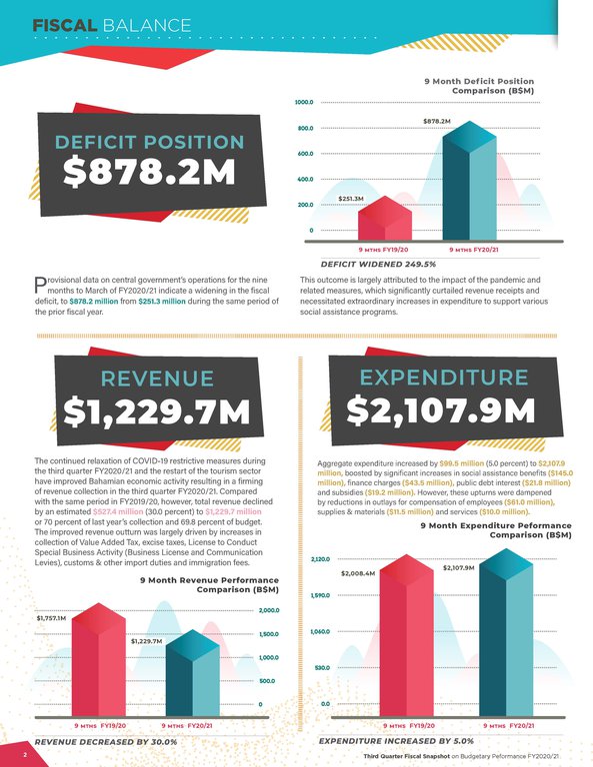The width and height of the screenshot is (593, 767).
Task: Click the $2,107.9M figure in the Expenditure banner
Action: pyautogui.click(x=443, y=410)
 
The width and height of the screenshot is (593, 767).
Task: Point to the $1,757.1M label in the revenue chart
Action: pyautogui.click(x=50, y=619)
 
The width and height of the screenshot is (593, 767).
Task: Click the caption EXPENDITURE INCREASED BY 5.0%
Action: pyautogui.click(x=395, y=742)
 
